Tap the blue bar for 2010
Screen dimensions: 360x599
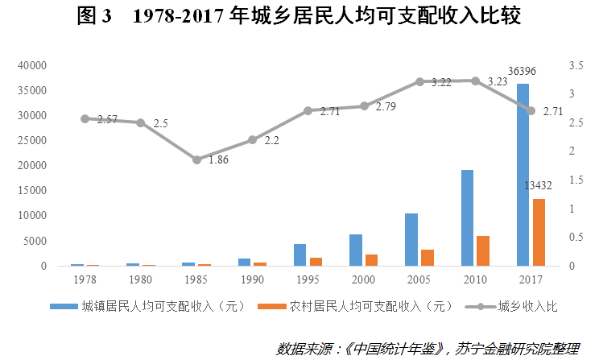[467, 217]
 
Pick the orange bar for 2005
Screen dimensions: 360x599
[428, 258]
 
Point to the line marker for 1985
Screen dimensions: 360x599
[196, 159]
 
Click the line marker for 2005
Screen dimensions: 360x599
[419, 81]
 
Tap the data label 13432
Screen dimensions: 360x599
[539, 186]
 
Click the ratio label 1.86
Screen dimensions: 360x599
[219, 160]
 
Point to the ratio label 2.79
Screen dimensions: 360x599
[385, 106]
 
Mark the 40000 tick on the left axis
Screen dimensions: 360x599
[35, 65]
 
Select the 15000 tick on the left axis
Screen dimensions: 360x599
[35, 191]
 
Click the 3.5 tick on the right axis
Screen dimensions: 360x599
[573, 65]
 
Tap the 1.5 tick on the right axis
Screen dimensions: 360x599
[573, 180]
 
